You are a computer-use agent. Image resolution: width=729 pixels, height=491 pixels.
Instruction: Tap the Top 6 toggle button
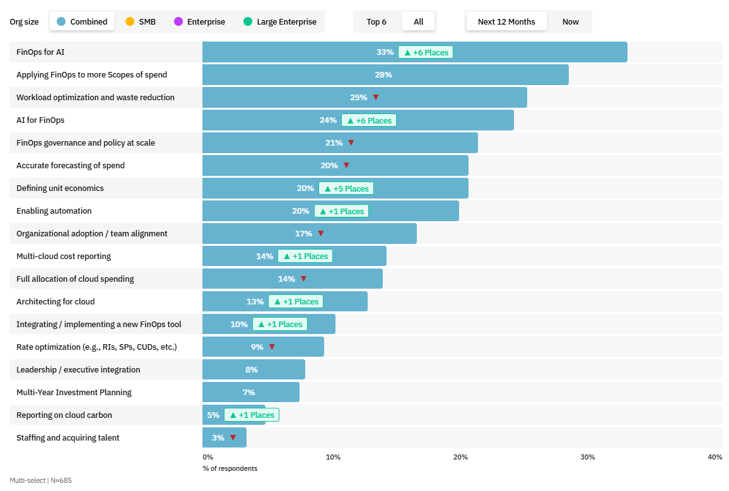[x=376, y=21]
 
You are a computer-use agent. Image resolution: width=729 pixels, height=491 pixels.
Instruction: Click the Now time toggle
[x=570, y=21]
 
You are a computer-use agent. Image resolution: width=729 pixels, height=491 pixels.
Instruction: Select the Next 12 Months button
[x=506, y=21]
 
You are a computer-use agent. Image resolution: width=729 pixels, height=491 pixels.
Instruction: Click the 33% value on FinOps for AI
[x=385, y=52]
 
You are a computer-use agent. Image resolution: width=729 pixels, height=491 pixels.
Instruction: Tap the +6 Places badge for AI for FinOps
[x=369, y=120]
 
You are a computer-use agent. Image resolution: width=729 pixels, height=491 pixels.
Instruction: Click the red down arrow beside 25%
[x=376, y=98]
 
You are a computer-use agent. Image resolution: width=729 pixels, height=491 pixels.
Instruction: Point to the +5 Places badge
[x=346, y=188]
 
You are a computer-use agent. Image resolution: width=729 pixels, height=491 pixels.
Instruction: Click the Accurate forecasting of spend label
[x=71, y=166]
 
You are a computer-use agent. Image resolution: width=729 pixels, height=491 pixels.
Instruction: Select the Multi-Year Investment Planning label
[x=74, y=393]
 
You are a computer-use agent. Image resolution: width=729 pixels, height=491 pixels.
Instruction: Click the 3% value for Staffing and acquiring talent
[x=218, y=438]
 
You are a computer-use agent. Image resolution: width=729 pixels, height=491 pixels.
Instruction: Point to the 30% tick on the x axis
[x=587, y=457]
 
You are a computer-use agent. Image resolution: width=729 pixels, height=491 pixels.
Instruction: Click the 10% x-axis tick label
[x=333, y=457]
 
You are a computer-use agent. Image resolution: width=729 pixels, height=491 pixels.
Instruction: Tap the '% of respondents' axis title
[x=230, y=468]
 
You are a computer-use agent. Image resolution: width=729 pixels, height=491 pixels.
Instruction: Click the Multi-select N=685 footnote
[x=40, y=480]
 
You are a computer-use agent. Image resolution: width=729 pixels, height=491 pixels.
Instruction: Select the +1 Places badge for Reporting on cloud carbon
[x=252, y=415]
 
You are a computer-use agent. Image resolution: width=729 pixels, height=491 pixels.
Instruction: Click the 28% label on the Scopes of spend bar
[x=383, y=75]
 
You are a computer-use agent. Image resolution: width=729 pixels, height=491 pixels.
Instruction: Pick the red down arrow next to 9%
[x=272, y=347]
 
